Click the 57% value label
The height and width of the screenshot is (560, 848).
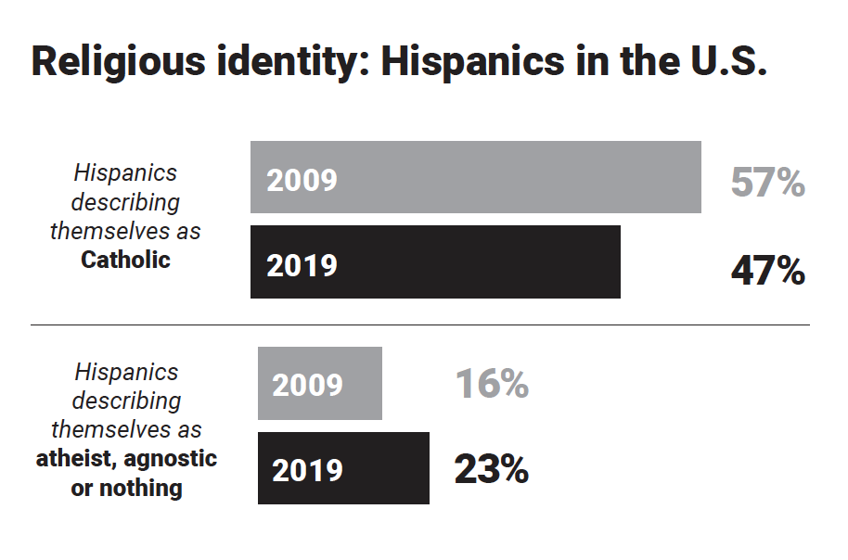(767, 183)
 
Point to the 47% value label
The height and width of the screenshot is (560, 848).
(767, 272)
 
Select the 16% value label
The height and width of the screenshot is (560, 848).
(492, 384)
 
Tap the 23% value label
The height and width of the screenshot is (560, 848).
(492, 469)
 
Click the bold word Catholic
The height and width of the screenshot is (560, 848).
(126, 260)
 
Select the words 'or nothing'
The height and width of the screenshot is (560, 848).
(126, 489)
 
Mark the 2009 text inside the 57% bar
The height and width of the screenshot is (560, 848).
(302, 180)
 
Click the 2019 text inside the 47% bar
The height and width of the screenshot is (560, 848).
(302, 266)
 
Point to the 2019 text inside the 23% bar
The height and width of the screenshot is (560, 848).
(307, 470)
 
